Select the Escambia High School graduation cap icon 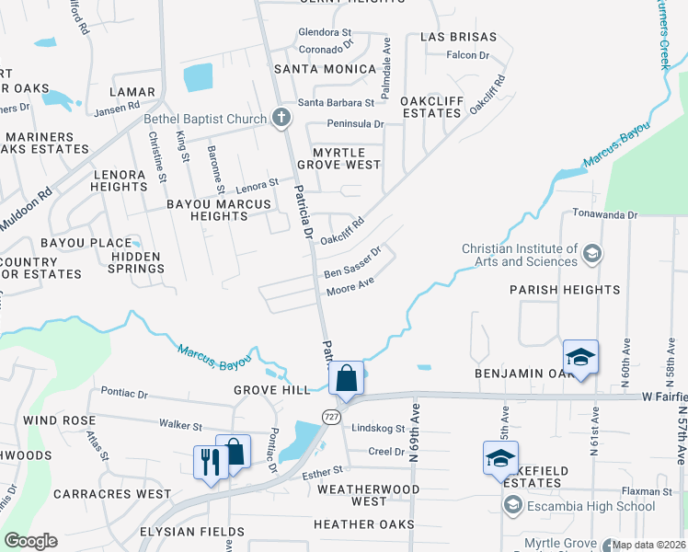point(512,505)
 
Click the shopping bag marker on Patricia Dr point(347,379)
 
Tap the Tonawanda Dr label point(604,214)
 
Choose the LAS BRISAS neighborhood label point(458,38)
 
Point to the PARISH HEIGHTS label point(565,290)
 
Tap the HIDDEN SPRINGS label point(135,262)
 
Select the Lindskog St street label point(379,429)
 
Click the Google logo point(29,540)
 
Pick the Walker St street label point(180,426)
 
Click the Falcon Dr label point(468,55)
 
